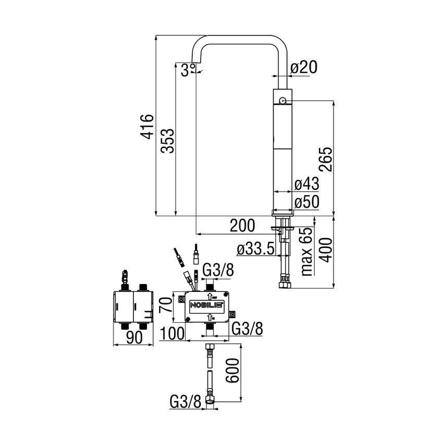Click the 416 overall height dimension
tap(148, 126)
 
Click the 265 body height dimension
tap(326, 159)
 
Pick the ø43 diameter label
tap(306, 184)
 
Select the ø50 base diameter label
tap(306, 202)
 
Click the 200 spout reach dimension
tap(243, 226)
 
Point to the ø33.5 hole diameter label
tap(255, 250)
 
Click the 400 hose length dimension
tap(326, 251)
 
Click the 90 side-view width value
tap(134, 337)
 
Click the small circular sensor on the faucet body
tap(282, 100)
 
